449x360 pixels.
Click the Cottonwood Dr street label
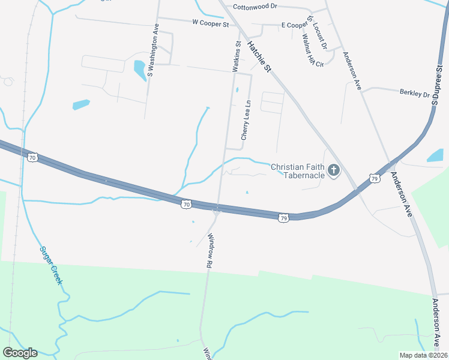click(x=255, y=6)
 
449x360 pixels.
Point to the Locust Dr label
click(x=320, y=37)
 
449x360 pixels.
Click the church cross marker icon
click(x=334, y=172)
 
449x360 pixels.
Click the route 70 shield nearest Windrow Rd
click(x=187, y=205)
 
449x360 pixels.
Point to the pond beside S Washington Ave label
click(x=140, y=70)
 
